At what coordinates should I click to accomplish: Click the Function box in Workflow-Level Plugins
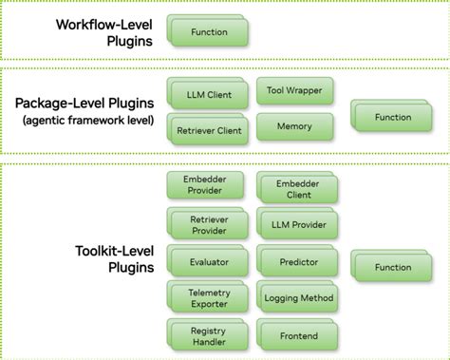tap(209, 32)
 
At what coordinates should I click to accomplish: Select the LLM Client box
tap(208, 94)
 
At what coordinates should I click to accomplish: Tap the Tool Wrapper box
tap(294, 91)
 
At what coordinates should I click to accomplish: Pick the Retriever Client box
tap(208, 129)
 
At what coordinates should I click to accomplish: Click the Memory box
tap(294, 126)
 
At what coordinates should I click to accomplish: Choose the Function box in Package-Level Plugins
tap(392, 118)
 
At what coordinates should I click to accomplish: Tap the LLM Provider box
tap(299, 225)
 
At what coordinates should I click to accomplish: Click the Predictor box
tap(299, 261)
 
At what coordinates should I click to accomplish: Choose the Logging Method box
tap(299, 297)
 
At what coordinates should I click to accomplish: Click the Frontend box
tap(299, 335)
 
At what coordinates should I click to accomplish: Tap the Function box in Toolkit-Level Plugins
tap(392, 268)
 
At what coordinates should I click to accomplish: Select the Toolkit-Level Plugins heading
tap(109, 259)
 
